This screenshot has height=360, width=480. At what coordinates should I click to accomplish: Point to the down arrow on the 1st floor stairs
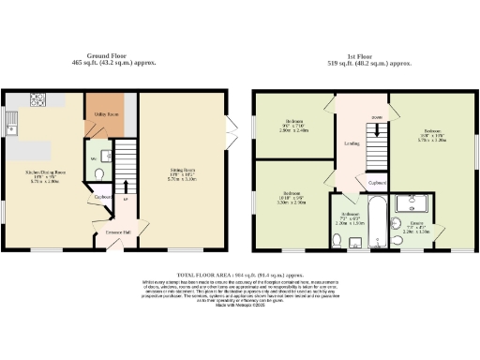376,117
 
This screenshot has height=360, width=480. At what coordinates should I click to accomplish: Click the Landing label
352,143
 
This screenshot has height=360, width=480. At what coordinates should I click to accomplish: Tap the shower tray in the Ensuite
412,202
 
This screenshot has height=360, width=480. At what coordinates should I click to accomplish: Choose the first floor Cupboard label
377,183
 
